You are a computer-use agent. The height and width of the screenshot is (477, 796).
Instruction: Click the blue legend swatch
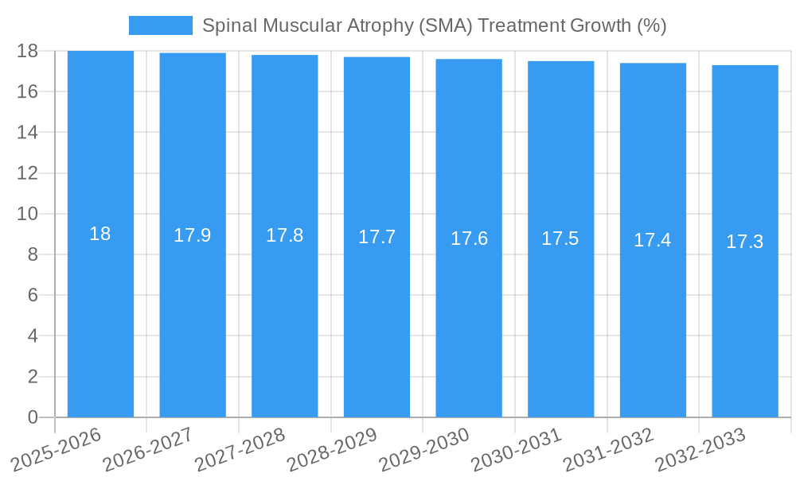coord(160,25)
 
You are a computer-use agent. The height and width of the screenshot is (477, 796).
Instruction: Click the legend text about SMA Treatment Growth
coord(434,25)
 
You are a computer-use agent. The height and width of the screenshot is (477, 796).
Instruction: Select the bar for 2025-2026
coord(100,318)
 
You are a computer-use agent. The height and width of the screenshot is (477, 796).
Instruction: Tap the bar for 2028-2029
coord(377,318)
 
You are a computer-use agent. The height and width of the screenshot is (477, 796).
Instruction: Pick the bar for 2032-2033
coord(745,318)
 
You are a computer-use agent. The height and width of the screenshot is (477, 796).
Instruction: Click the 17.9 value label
coord(193,235)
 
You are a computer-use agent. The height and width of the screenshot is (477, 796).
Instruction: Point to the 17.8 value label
coord(284,235)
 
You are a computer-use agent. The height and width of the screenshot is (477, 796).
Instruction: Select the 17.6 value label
coord(469,238)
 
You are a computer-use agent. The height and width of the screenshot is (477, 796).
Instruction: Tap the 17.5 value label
coord(560,238)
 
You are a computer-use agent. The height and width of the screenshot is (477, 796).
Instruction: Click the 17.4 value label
coord(653,240)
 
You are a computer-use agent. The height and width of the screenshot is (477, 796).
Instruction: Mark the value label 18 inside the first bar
coord(100,234)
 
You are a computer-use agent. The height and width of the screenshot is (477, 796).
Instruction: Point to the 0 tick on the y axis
coord(33,417)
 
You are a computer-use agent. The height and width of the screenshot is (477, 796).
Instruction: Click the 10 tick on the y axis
coord(28,214)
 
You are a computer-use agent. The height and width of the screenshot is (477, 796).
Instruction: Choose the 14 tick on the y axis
coord(28,132)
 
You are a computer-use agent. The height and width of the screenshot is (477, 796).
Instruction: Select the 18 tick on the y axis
coord(28,51)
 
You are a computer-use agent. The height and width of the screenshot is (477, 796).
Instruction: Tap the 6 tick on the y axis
coord(33,295)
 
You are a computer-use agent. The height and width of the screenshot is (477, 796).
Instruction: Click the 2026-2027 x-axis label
coord(149,449)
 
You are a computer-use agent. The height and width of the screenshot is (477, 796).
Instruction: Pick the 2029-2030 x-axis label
coord(425,449)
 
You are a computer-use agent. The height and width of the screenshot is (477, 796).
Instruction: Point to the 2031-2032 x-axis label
coord(609,449)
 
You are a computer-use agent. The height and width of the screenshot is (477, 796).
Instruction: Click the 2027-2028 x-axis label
coord(240,449)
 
